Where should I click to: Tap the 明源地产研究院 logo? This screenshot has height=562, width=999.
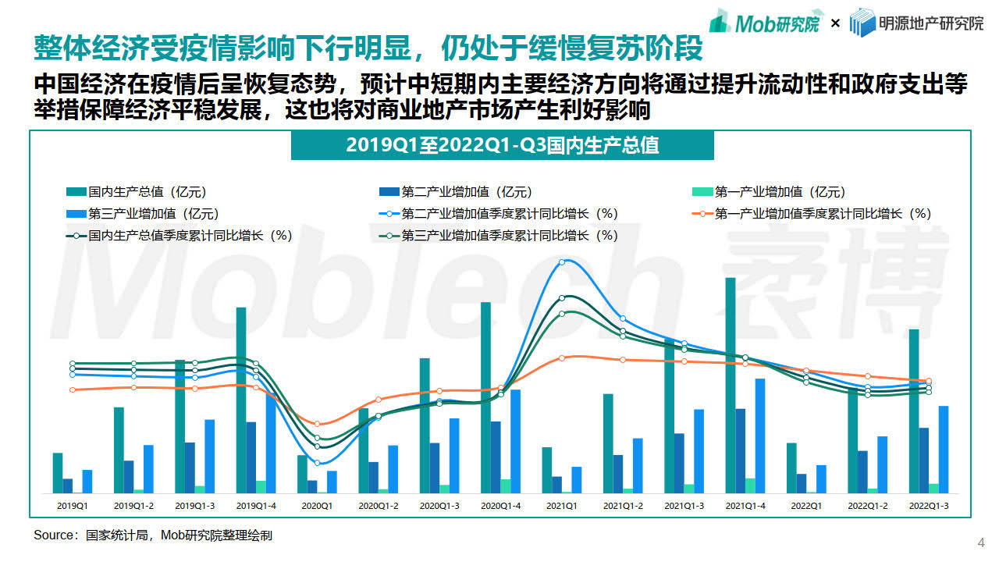pos(916,23)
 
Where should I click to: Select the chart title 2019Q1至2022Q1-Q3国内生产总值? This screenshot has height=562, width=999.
pos(503,145)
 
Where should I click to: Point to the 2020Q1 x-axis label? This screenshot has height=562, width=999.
pos(317,506)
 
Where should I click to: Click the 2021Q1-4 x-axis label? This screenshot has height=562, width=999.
pos(745,506)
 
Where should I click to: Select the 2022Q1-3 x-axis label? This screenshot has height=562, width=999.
pos(929,506)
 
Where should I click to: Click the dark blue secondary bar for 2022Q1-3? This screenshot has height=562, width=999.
pos(924,460)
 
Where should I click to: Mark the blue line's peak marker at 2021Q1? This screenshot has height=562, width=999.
pos(563,263)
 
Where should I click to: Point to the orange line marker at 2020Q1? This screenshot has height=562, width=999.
pos(318,424)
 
